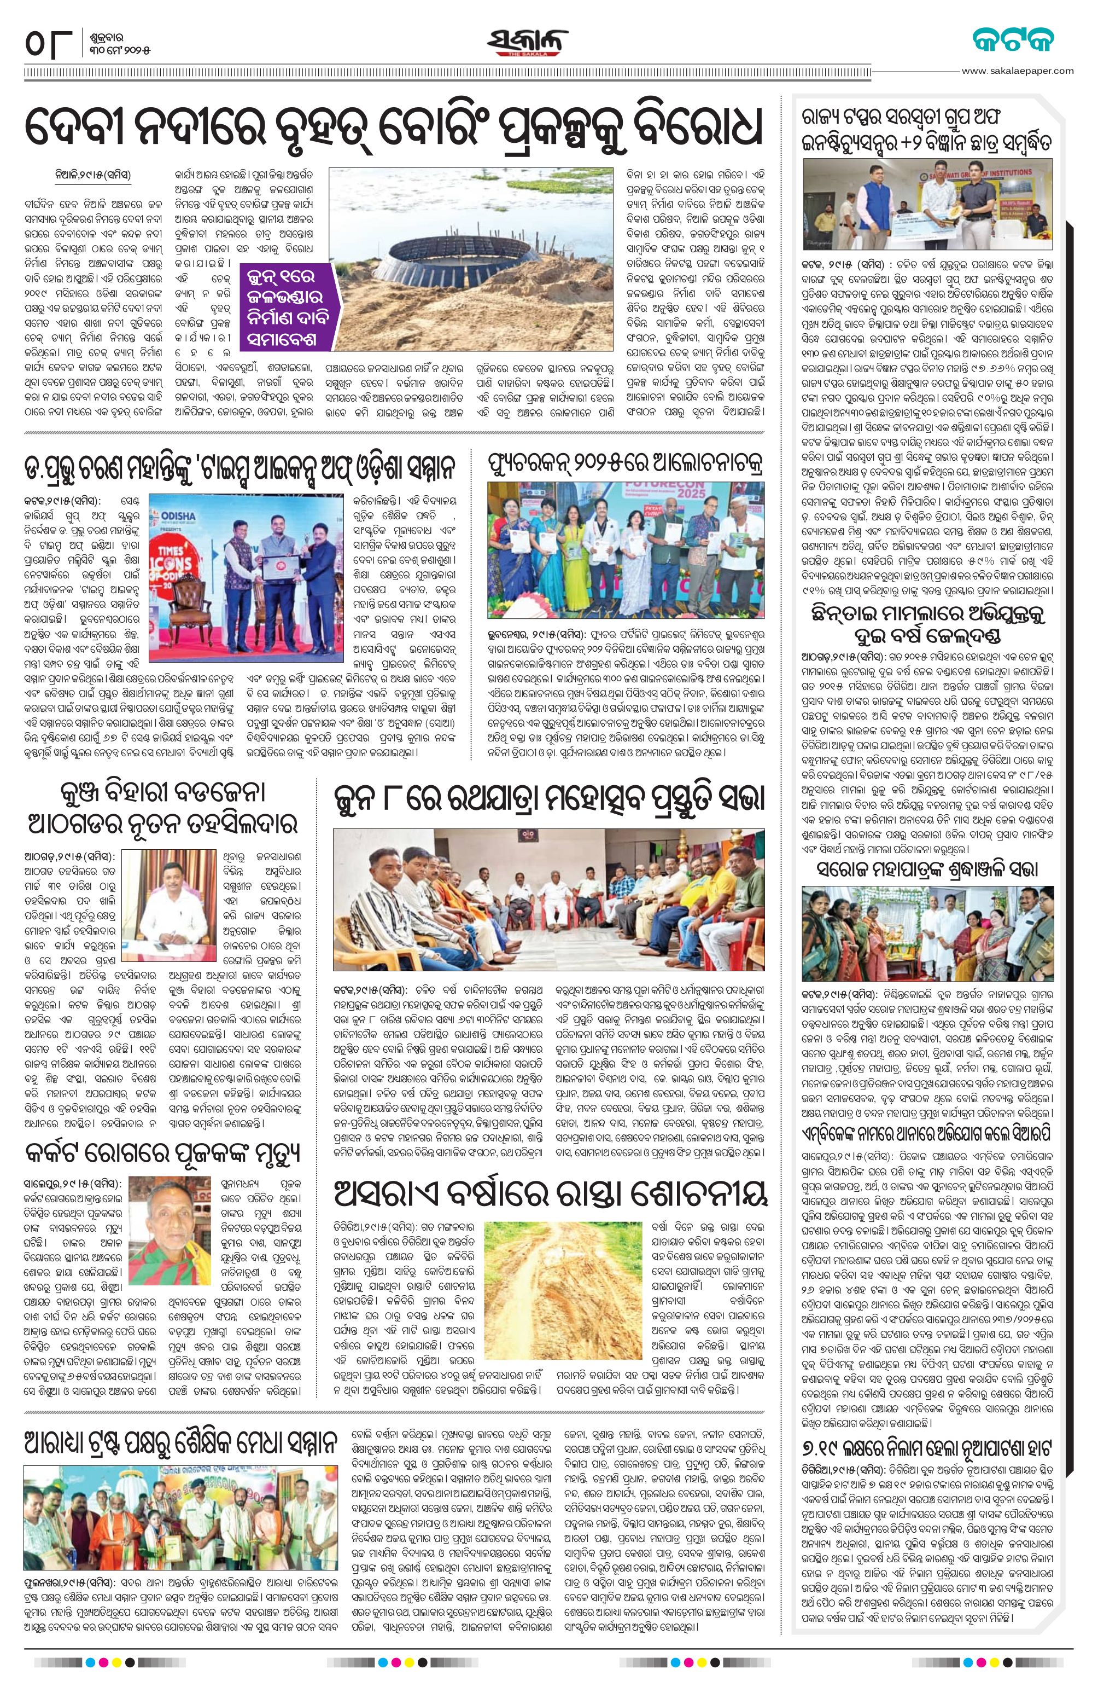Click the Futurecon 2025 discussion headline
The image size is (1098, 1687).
(626, 466)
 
